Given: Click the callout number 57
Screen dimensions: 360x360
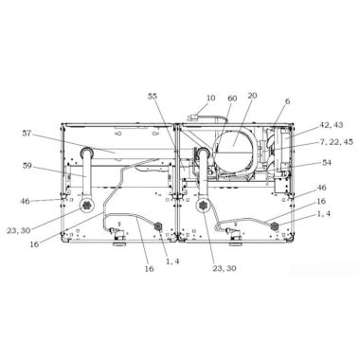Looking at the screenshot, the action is (27, 134).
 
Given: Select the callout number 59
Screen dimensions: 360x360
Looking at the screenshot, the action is (27, 165).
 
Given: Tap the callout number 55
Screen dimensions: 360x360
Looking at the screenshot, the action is (153, 96).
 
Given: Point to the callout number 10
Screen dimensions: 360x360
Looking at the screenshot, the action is (210, 98).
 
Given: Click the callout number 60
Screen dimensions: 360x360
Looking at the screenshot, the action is (232, 99).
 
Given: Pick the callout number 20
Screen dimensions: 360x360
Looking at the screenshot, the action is (252, 95).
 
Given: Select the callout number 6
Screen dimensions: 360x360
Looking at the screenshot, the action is (287, 101).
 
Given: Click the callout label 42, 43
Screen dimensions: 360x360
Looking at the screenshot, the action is (331, 125).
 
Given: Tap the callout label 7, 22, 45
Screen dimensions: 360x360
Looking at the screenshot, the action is (335, 142).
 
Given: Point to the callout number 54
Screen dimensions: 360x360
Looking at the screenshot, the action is (327, 162).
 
